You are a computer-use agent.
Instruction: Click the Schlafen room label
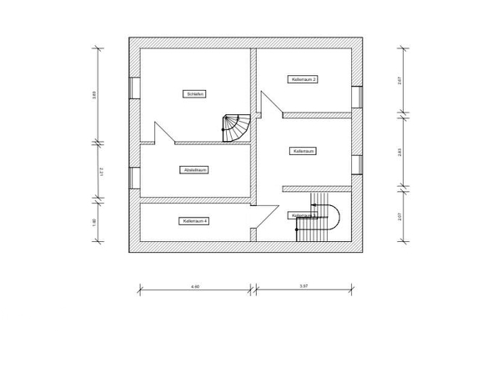195,94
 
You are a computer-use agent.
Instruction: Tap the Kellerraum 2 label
304,79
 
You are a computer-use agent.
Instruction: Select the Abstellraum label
194,170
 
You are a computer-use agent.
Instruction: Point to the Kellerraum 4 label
194,221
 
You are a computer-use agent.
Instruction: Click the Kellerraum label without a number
304,152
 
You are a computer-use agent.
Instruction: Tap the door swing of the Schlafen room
163,132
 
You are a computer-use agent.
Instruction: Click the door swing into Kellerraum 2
271,104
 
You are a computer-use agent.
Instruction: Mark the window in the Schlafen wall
134,88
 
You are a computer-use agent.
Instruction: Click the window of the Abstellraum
134,178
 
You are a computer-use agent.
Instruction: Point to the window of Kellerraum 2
356,97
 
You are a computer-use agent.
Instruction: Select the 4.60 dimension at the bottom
194,286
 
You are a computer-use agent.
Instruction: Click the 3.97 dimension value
304,286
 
